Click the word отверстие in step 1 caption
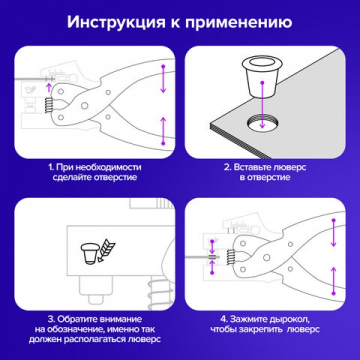coord(114,178)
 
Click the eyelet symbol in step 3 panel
coord(90,251)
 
